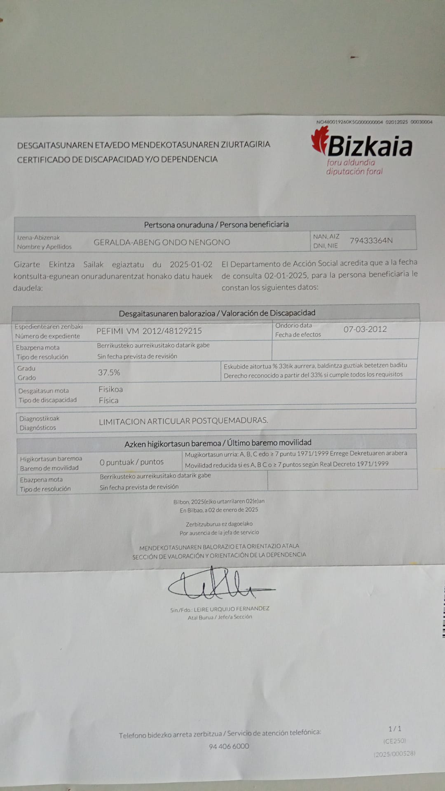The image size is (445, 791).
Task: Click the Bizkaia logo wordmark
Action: (370, 146)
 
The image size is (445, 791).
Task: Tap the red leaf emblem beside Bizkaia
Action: (320, 140)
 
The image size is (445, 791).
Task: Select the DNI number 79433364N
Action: (371, 241)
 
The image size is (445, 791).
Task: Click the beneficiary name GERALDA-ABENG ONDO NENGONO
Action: (162, 242)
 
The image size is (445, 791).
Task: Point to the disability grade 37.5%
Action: (109, 372)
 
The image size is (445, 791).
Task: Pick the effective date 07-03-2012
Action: (365, 329)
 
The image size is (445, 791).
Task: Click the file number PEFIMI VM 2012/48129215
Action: (149, 331)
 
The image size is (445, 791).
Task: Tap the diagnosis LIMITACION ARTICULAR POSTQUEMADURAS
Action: (183, 421)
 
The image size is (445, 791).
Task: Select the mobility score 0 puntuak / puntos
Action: (131, 462)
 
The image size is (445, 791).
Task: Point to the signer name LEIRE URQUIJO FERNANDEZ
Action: (231, 608)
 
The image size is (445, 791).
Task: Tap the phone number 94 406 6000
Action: (229, 746)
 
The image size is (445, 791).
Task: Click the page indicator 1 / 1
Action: (395, 729)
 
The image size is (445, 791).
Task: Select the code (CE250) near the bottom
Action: (394, 741)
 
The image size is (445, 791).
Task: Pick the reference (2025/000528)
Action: (394, 754)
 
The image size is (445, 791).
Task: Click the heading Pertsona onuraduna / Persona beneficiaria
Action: (216, 225)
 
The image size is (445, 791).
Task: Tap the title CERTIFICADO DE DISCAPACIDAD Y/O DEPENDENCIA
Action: (117, 159)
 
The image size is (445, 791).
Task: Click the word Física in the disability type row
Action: (108, 400)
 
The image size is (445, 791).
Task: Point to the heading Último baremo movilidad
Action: (269, 442)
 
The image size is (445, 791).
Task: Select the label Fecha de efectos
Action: (298, 335)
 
